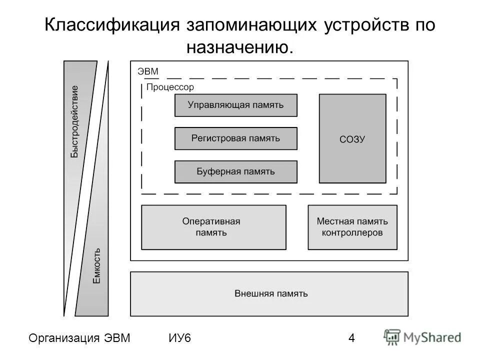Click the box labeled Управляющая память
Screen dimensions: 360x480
235,105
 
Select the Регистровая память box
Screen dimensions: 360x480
235,138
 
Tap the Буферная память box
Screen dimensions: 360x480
235,171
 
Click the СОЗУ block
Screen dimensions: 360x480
352,138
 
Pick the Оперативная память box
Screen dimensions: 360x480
213,227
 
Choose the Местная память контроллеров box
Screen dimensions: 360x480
352,227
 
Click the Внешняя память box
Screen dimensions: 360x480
269,293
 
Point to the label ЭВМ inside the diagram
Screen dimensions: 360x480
148,71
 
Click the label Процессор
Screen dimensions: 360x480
170,87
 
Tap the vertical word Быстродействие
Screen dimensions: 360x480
74,121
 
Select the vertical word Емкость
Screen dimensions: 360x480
97,266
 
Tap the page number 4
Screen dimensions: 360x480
351,338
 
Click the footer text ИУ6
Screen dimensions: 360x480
180,338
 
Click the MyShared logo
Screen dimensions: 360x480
423,337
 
